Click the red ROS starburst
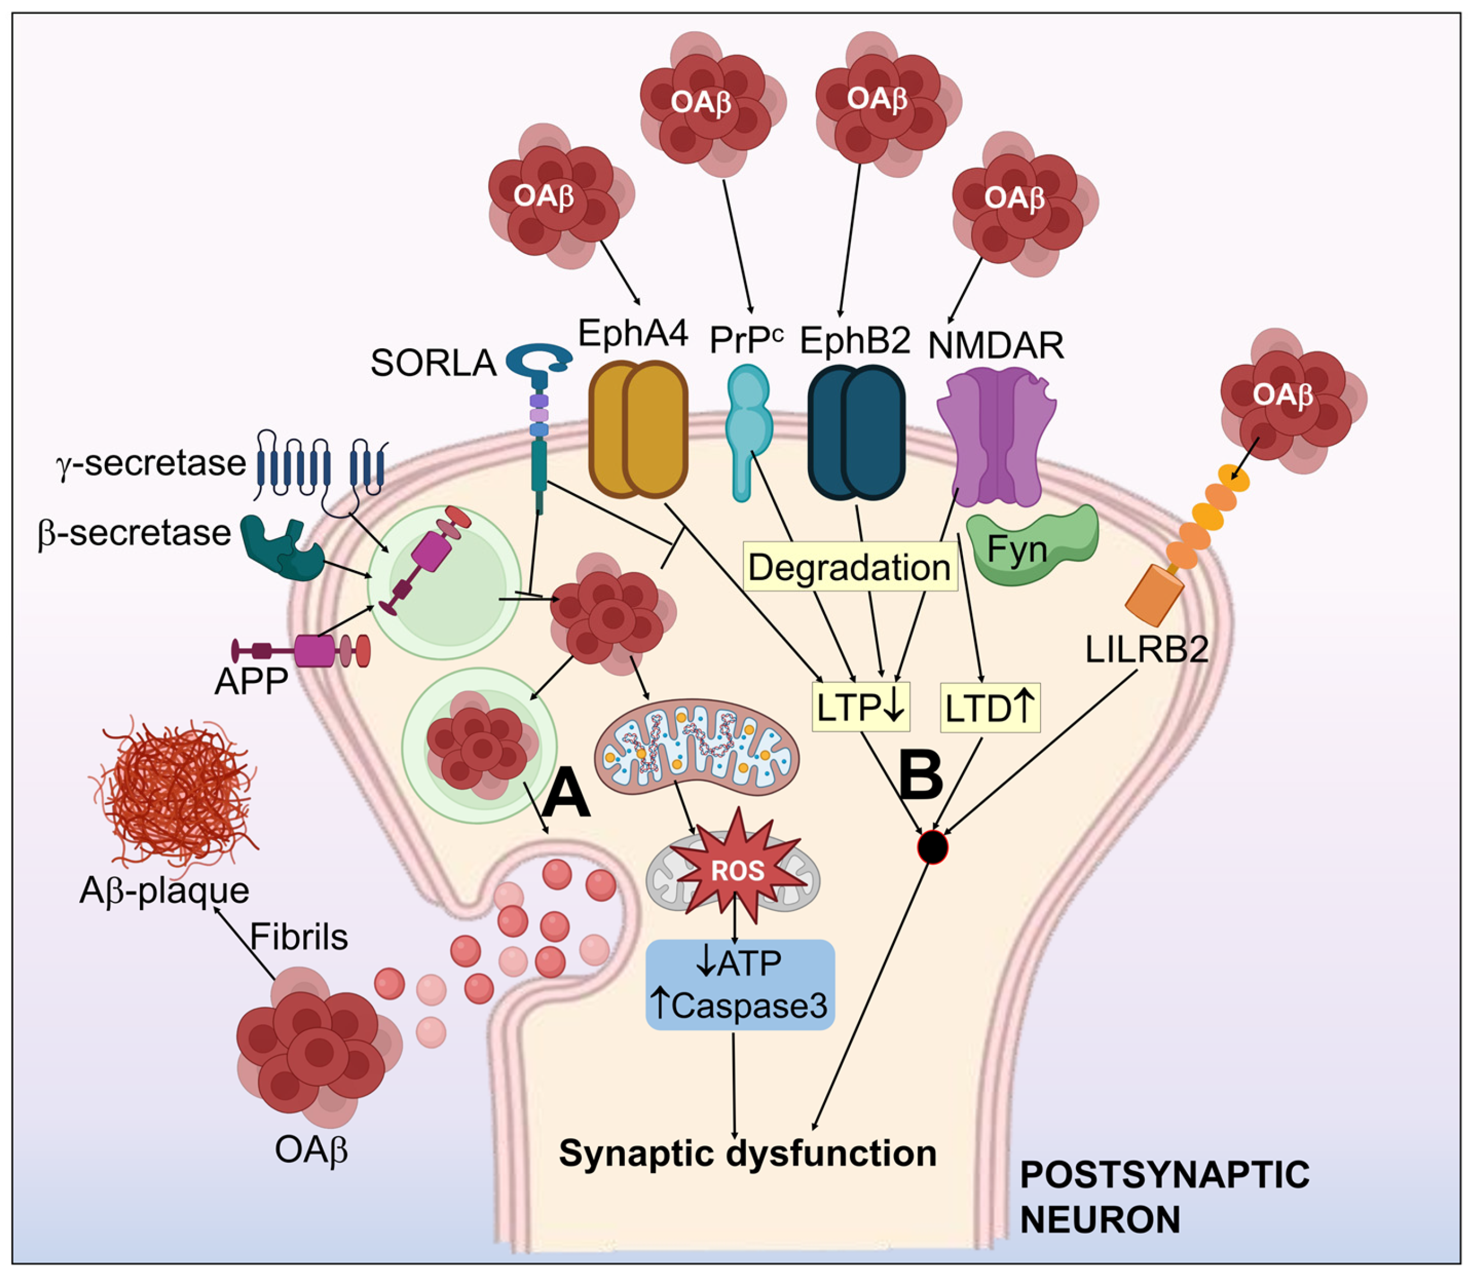[x=737, y=870]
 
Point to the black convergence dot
[x=932, y=847]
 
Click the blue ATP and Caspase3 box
[x=740, y=984]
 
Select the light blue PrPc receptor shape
[x=747, y=428]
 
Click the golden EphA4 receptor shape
[x=637, y=428]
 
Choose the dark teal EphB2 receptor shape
[x=856, y=432]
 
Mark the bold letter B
[x=920, y=777]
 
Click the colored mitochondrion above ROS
[x=696, y=746]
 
